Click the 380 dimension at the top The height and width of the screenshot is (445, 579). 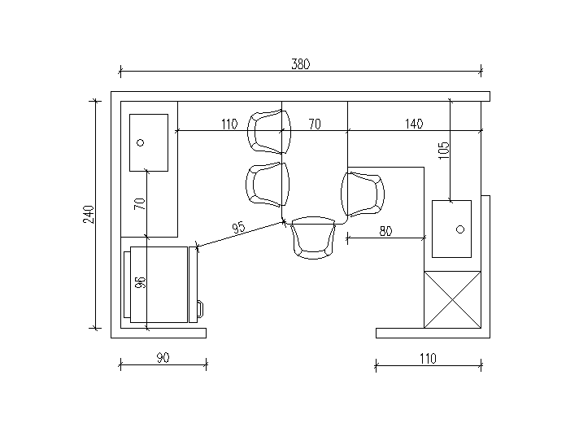(x=301, y=64)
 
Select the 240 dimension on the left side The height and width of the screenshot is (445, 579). (x=89, y=214)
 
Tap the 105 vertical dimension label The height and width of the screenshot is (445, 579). (x=444, y=151)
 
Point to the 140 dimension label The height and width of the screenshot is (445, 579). (x=414, y=124)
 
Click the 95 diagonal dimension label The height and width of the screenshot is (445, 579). (x=238, y=227)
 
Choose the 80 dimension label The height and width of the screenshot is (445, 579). (x=385, y=231)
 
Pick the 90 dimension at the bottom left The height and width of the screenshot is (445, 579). (x=163, y=357)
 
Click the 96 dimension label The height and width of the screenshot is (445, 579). (x=141, y=282)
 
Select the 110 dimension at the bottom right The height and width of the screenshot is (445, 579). (x=428, y=358)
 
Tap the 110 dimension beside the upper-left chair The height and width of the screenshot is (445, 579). (x=229, y=124)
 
